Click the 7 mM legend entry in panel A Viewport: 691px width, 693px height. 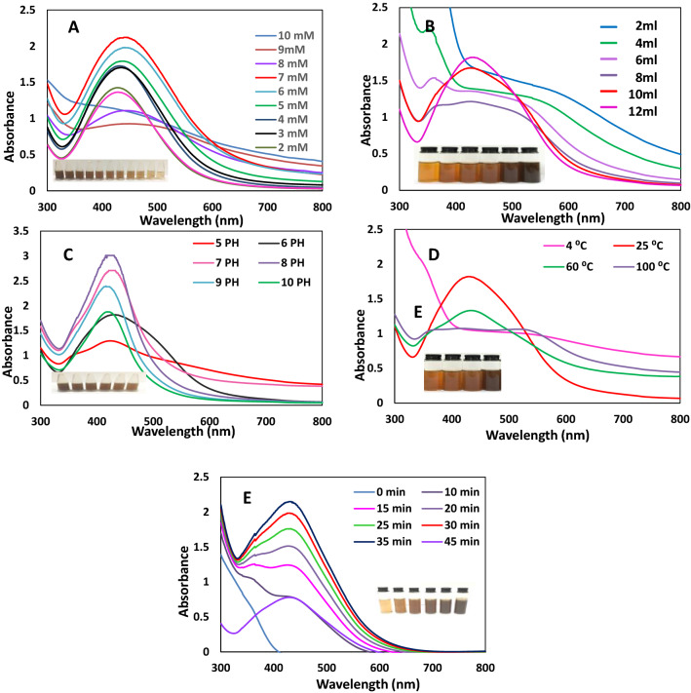282,77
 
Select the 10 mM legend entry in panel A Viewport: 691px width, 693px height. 285,35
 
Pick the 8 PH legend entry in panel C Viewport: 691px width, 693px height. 281,263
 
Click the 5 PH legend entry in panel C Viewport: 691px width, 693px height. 215,243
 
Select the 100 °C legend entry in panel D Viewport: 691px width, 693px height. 641,266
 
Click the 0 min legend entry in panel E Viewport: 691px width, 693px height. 379,492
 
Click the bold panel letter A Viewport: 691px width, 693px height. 73,27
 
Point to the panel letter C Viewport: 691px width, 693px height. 68,255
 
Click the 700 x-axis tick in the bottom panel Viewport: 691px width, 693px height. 433,668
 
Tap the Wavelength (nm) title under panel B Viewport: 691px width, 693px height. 553,218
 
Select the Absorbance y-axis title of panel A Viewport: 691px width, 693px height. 9,127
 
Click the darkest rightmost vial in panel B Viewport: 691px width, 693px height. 530,165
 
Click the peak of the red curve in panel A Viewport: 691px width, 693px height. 126,37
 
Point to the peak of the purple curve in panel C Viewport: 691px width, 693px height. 109,255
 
